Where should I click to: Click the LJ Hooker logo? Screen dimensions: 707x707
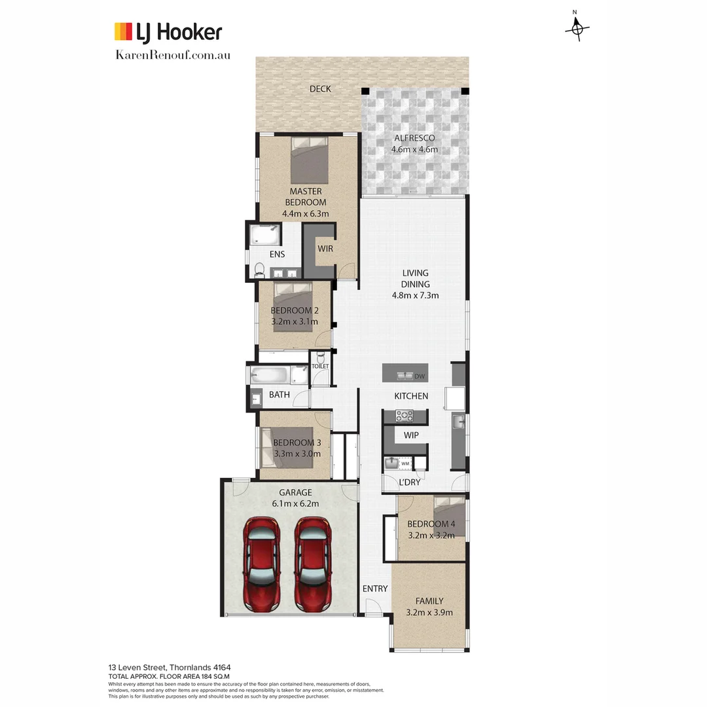click(x=168, y=32)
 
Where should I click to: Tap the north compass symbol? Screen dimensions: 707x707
click(x=577, y=27)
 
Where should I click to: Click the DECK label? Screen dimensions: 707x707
click(x=320, y=89)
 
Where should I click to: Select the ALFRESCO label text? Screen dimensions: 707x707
click(x=414, y=138)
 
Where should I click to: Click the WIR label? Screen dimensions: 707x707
click(x=326, y=249)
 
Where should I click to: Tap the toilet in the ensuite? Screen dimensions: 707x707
click(x=259, y=269)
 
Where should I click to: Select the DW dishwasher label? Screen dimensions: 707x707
click(x=420, y=376)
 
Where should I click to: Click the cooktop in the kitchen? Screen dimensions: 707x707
click(x=405, y=415)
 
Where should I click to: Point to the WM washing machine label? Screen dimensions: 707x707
click(x=405, y=463)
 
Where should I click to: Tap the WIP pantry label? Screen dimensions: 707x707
click(x=411, y=435)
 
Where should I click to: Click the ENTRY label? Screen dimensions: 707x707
click(x=375, y=589)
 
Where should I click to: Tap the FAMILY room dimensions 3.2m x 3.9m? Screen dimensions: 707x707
click(x=429, y=613)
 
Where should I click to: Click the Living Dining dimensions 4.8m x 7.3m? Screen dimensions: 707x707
click(x=415, y=295)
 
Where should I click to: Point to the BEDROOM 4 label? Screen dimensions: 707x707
click(x=431, y=524)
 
